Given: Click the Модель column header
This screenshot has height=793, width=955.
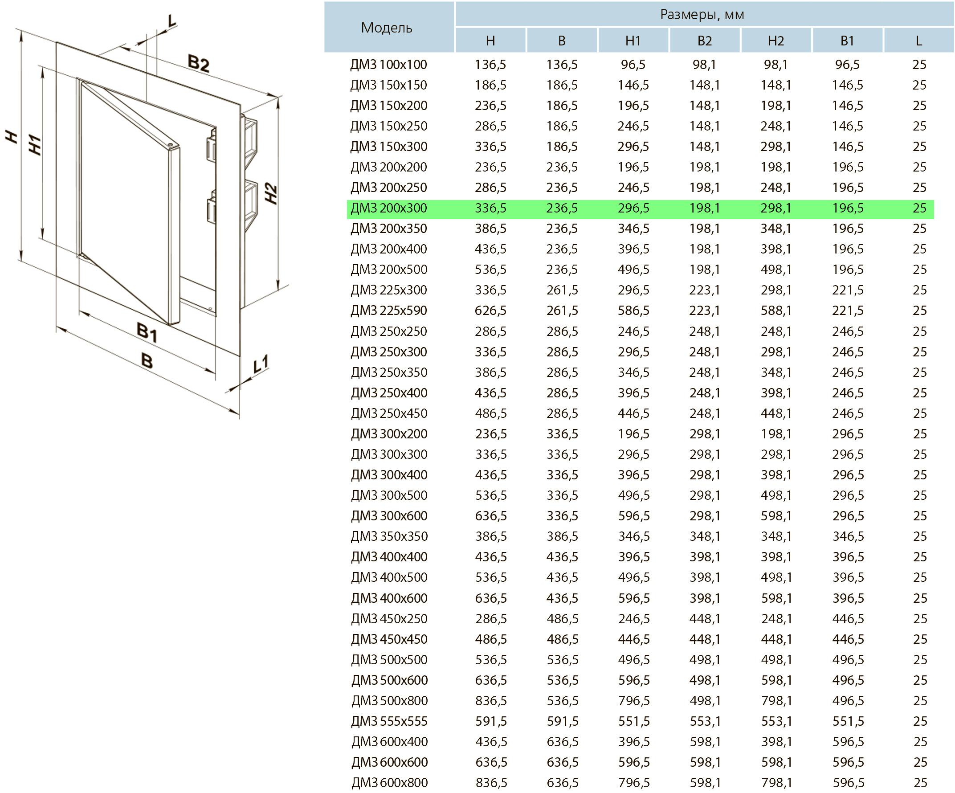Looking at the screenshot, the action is click(x=387, y=28).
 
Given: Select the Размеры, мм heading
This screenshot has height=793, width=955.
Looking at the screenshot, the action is click(x=702, y=15).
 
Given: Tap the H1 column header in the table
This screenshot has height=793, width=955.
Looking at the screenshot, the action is click(x=633, y=41).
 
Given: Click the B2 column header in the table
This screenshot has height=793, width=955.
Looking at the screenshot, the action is click(x=704, y=41).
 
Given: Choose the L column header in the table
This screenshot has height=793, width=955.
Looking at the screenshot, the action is click(x=918, y=41).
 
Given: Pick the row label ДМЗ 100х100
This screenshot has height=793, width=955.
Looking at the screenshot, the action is click(x=389, y=65).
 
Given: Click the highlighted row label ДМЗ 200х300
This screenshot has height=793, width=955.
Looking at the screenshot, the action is click(x=389, y=208).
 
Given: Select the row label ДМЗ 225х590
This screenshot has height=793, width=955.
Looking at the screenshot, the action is click(x=389, y=310).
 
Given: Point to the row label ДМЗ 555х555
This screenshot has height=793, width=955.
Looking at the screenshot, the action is click(x=389, y=721).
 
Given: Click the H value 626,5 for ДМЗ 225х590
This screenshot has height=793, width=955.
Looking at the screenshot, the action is click(x=491, y=310).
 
